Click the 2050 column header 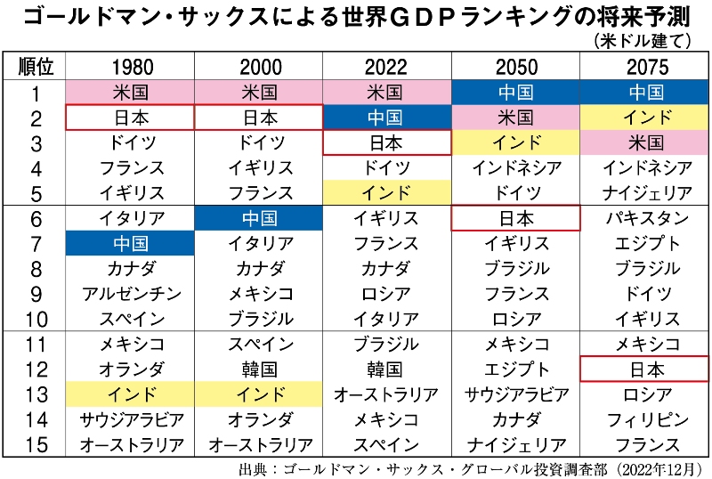tap(515, 67)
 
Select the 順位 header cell tap(36, 67)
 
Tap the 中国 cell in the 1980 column tap(131, 243)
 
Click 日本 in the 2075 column tap(643, 369)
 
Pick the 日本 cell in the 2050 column tap(515, 218)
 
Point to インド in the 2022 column tap(386, 192)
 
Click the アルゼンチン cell tap(131, 294)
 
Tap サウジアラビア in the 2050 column tap(515, 394)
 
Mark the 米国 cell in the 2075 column tap(645, 142)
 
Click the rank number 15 tap(36, 444)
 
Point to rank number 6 tap(36, 218)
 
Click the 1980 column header tap(131, 67)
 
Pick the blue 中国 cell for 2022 tap(386, 118)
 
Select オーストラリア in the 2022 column tap(386, 394)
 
